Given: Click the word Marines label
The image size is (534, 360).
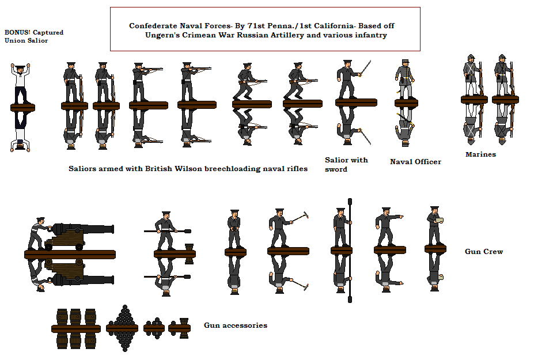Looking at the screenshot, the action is tap(480, 154).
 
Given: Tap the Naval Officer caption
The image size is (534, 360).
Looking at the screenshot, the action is tap(415, 162).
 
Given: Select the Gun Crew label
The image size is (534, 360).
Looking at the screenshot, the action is tap(484, 252).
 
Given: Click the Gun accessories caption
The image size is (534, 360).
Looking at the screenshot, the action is tap(236, 325).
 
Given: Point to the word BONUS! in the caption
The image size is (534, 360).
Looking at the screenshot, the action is tap(17, 32).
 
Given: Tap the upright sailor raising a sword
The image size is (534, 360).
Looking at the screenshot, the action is tap(351, 80).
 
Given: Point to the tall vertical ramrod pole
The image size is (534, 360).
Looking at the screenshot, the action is tap(350, 251).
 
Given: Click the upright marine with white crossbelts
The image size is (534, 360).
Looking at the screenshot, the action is tap(471, 75).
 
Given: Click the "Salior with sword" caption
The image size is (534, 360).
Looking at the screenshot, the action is tap(346, 165).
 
